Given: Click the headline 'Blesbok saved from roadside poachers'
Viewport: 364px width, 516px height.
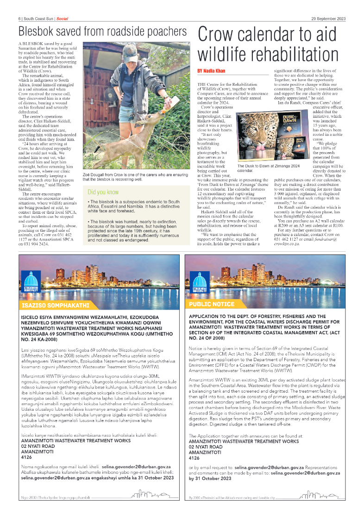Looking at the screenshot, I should (102, 32).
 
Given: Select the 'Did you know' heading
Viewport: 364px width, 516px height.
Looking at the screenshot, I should (104, 191).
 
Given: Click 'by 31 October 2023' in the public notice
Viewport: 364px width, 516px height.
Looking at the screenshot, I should (210, 478).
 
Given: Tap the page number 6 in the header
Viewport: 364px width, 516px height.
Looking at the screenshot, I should (20, 19).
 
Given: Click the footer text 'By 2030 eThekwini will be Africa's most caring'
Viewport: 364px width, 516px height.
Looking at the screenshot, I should (232, 498).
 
